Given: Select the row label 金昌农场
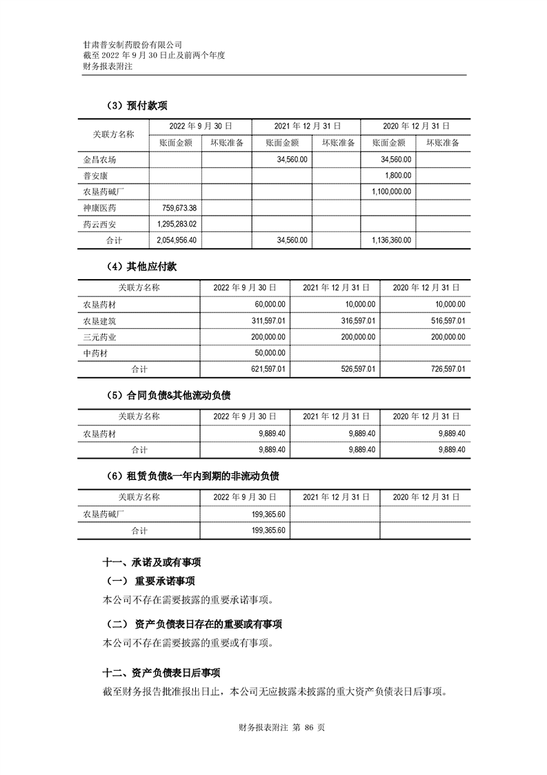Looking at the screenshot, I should pyautogui.click(x=100, y=160).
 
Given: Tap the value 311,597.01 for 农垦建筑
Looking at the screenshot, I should pyautogui.click(x=265, y=320).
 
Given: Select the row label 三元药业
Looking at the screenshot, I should pyautogui.click(x=100, y=337).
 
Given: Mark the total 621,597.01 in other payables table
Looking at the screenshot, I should pyautogui.click(x=265, y=370).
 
